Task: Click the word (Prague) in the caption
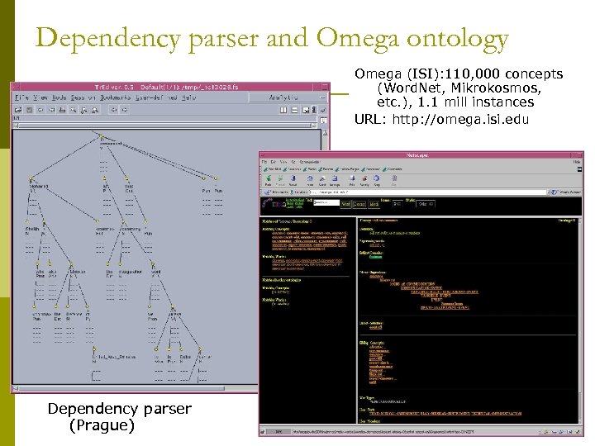[x=102, y=425]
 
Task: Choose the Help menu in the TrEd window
[x=189, y=97]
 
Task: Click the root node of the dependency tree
[x=101, y=136]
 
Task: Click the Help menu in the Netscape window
[x=576, y=163]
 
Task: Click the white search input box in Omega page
[x=325, y=202]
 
